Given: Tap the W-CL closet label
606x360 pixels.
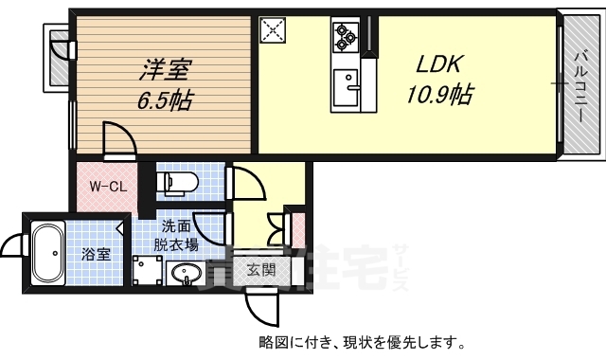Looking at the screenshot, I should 108,186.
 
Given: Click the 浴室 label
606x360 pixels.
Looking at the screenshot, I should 95,254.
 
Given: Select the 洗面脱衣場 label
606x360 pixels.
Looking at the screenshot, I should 178,235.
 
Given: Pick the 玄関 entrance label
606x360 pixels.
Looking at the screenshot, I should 261,269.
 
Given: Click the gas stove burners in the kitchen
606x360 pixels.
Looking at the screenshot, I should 344,35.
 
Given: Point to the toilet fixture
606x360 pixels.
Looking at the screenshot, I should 179,180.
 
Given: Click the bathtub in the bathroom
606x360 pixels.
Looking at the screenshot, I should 46,253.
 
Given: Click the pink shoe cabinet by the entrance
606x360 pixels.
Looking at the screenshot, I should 296,229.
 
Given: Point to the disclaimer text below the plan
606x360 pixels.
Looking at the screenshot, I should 361,343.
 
